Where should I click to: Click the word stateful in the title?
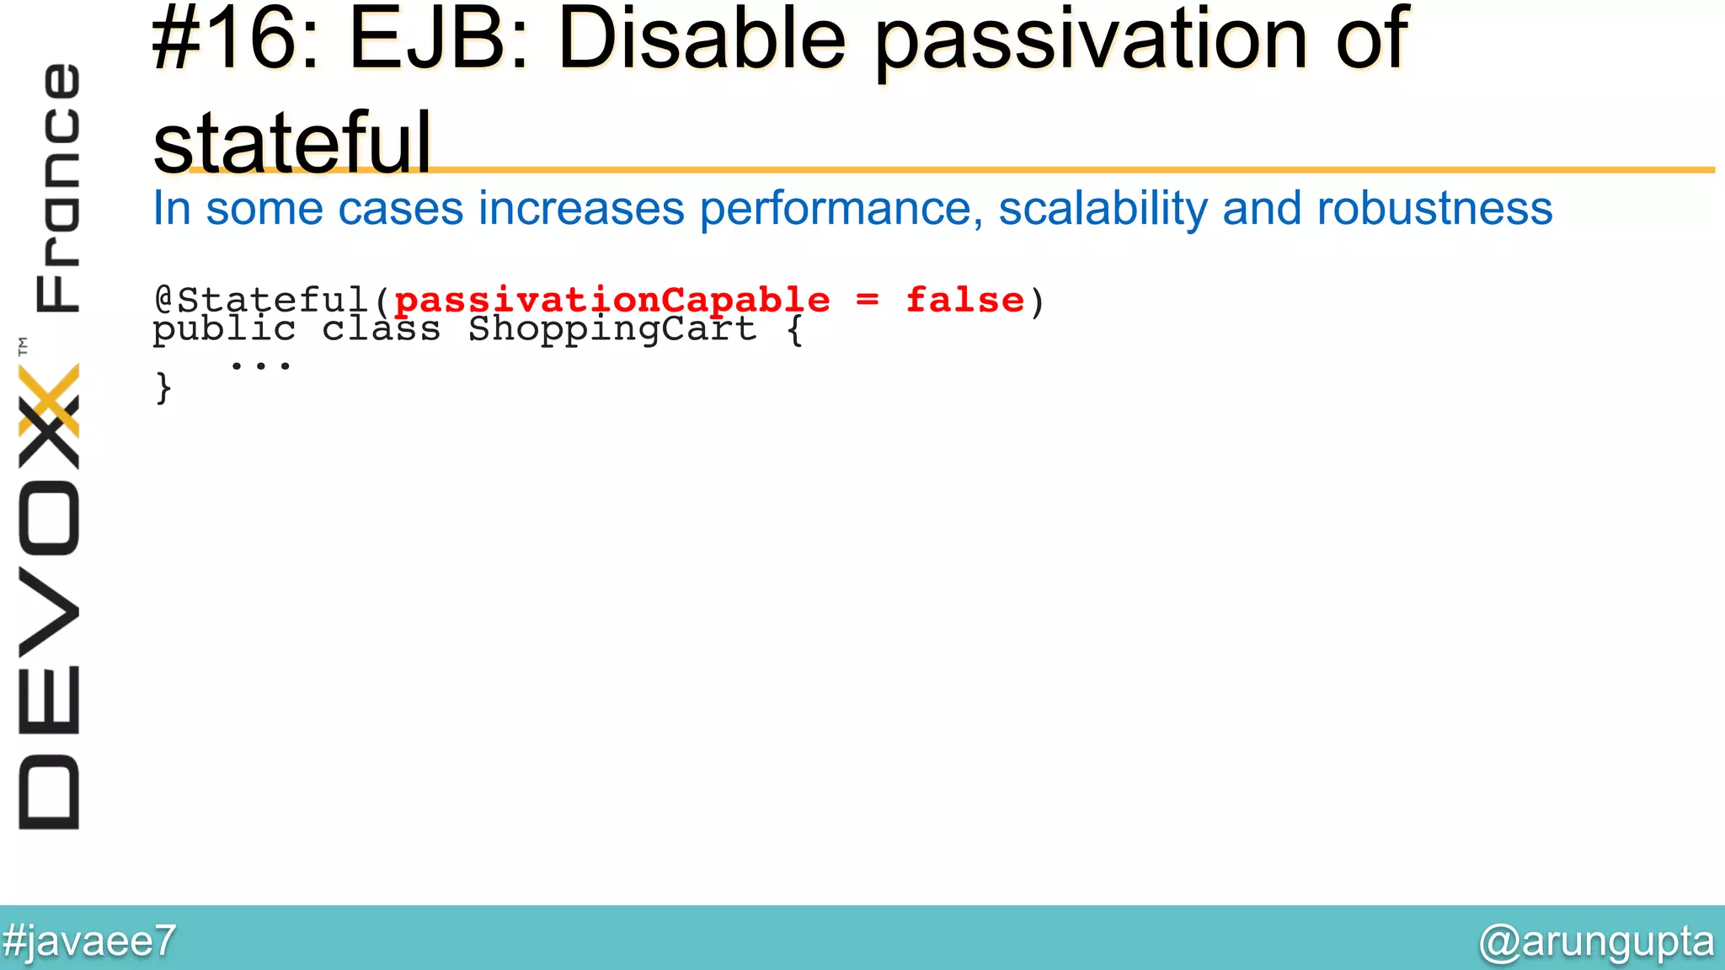click(x=291, y=143)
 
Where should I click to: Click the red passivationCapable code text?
click(x=611, y=301)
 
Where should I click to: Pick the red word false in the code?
click(x=965, y=301)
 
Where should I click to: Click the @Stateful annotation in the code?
click(x=261, y=301)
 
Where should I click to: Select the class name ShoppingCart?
click(x=612, y=329)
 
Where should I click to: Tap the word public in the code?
click(x=224, y=329)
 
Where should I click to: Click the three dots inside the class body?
click(x=260, y=365)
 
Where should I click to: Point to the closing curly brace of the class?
click(x=163, y=389)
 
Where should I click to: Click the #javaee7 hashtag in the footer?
click(x=88, y=941)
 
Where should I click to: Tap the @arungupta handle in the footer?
click(x=1595, y=941)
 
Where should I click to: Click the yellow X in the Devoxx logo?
click(x=49, y=401)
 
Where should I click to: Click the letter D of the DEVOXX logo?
click(x=49, y=792)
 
